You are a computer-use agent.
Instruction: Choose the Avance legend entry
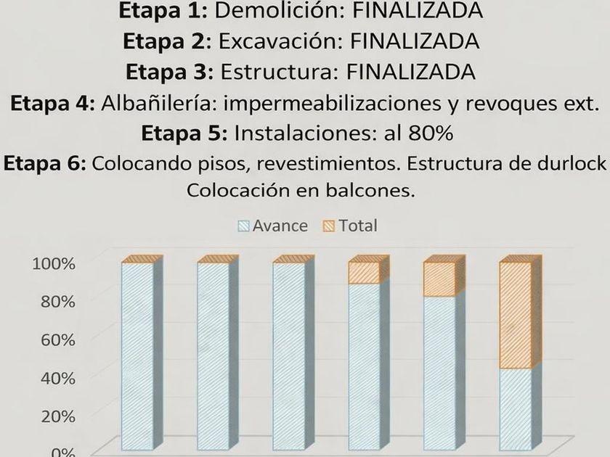(x=273, y=226)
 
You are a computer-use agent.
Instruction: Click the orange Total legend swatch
(x=328, y=226)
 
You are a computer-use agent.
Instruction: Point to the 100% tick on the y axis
(x=54, y=263)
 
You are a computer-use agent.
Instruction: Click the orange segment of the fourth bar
(x=364, y=273)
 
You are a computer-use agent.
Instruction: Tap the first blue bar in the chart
(x=137, y=355)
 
